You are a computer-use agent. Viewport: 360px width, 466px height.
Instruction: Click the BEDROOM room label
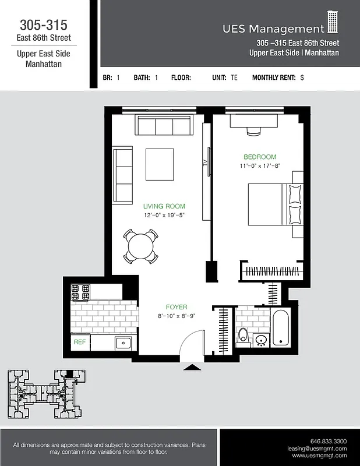pyautogui.click(x=259, y=157)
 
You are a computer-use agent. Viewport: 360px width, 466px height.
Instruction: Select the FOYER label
pyautogui.click(x=177, y=307)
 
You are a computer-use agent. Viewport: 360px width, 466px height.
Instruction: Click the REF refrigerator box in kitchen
pyautogui.click(x=79, y=343)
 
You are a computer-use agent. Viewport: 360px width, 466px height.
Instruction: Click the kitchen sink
pyautogui.click(x=123, y=343)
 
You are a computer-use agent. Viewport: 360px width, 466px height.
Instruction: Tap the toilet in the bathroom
pyautogui.click(x=243, y=337)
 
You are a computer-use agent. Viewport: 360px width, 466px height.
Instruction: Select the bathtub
pyautogui.click(x=280, y=327)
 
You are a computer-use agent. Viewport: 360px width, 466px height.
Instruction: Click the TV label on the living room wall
pyautogui.click(x=205, y=164)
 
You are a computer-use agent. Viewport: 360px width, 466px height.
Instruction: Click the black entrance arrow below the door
pyautogui.click(x=190, y=367)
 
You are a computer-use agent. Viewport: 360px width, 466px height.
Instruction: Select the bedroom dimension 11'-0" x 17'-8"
pyautogui.click(x=259, y=166)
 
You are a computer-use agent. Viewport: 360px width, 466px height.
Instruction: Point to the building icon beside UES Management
pyautogui.click(x=333, y=23)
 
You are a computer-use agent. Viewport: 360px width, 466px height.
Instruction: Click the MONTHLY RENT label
pyautogui.click(x=274, y=77)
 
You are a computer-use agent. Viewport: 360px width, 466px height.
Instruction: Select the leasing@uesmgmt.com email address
pyautogui.click(x=317, y=449)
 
